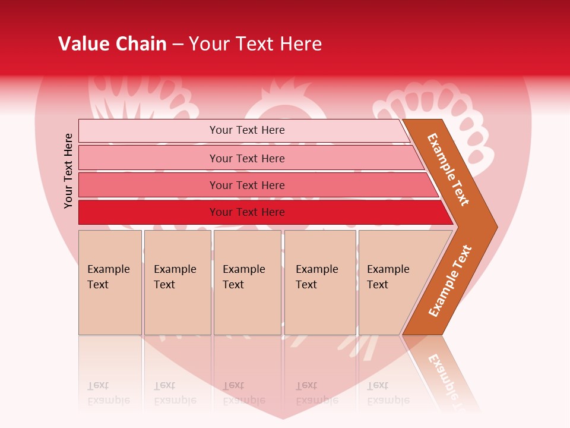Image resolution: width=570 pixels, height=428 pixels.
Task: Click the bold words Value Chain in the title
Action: click(112, 44)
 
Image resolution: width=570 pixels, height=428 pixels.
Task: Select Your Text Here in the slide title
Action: click(255, 44)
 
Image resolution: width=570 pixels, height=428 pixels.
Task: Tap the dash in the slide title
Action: click(178, 45)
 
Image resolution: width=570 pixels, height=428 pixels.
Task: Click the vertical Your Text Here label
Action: click(68, 171)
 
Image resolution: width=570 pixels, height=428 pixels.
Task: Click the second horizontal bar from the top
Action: click(246, 158)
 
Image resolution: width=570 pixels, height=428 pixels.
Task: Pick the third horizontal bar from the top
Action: click(246, 185)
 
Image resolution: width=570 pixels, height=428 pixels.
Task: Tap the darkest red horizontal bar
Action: click(246, 212)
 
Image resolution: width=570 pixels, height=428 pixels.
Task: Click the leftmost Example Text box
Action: click(110, 282)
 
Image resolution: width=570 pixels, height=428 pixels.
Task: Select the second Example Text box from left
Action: click(177, 282)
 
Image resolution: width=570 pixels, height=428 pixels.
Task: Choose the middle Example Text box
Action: click(247, 282)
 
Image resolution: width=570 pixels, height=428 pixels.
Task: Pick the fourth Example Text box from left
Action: click(320, 282)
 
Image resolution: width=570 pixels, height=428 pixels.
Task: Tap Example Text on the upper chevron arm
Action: click(448, 169)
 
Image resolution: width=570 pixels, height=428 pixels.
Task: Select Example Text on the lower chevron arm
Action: click(450, 281)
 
